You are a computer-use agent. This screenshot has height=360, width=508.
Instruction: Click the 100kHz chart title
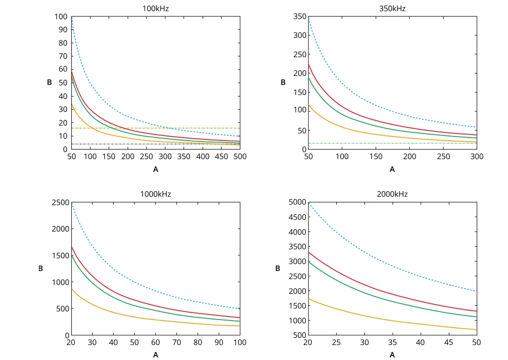(x=155, y=9)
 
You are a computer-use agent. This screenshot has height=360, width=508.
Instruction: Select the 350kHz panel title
(x=392, y=9)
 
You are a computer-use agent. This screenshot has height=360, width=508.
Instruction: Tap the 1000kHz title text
(x=155, y=194)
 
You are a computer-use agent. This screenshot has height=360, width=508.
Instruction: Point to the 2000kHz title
(x=392, y=194)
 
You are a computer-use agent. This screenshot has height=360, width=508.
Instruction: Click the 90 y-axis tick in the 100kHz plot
(x=62, y=29)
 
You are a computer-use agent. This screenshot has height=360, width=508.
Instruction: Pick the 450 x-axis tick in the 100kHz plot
(x=221, y=157)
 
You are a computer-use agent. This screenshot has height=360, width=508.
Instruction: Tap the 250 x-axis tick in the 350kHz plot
(x=443, y=157)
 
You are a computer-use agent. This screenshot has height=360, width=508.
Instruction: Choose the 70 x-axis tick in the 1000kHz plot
(x=177, y=343)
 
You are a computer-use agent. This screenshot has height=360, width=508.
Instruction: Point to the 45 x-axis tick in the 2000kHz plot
(x=448, y=343)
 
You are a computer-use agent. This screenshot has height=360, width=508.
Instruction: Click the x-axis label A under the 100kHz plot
(x=155, y=169)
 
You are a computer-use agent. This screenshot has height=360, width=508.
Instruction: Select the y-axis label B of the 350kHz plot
(x=283, y=82)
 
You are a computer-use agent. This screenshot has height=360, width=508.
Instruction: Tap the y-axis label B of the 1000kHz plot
(x=40, y=268)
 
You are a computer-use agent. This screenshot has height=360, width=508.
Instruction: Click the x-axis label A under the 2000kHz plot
(x=392, y=355)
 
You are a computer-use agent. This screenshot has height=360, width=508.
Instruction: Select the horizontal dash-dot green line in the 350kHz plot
(x=392, y=143)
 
